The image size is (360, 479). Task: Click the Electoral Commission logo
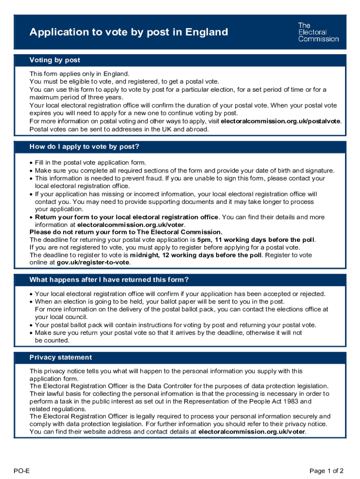point(318,32)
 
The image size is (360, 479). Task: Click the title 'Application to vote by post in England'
point(129,32)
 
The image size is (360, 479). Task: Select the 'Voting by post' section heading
point(55,60)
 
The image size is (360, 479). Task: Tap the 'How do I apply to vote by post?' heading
point(84,146)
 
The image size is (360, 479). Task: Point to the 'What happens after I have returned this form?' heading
point(109,280)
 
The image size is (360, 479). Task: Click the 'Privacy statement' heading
point(60,357)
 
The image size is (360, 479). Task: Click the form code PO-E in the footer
point(22,471)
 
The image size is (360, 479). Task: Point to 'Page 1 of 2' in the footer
point(327,471)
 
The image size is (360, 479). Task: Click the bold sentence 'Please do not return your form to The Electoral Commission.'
point(126,232)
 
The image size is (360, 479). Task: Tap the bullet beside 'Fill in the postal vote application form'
point(31,163)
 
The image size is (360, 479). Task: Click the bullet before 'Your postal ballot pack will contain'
point(31,325)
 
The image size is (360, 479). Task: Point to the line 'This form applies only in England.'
point(79,74)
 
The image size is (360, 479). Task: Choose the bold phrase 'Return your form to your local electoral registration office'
point(126,217)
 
